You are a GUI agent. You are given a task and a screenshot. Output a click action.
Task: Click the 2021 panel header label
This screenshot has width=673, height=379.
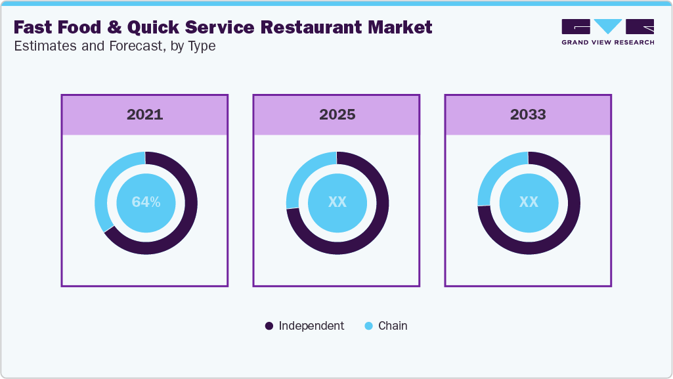click(144, 114)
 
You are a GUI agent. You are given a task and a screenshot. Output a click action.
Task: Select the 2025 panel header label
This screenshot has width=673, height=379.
click(337, 114)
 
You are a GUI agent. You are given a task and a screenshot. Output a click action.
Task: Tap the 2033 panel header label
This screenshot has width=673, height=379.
click(528, 114)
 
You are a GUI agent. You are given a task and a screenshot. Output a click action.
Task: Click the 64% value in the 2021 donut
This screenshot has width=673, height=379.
click(146, 202)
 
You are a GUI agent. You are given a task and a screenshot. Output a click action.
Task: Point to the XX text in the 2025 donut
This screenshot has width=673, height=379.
click(337, 202)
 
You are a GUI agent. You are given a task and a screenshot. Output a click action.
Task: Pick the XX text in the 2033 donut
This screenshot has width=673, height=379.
click(529, 202)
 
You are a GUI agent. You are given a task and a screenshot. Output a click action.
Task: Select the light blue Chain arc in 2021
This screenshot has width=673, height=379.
click(104, 190)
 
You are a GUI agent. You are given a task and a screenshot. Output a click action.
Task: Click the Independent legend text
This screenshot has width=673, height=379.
click(311, 326)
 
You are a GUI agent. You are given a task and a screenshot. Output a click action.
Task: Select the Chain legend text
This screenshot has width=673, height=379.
click(393, 326)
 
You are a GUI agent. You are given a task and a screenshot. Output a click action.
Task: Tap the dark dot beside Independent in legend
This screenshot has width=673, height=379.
click(269, 326)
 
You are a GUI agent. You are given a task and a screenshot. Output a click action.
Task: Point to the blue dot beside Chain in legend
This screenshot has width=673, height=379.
click(368, 326)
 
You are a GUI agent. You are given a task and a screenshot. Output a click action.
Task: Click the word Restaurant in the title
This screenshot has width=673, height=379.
click(313, 28)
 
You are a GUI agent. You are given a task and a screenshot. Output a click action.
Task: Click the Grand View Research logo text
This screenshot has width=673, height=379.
click(607, 43)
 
